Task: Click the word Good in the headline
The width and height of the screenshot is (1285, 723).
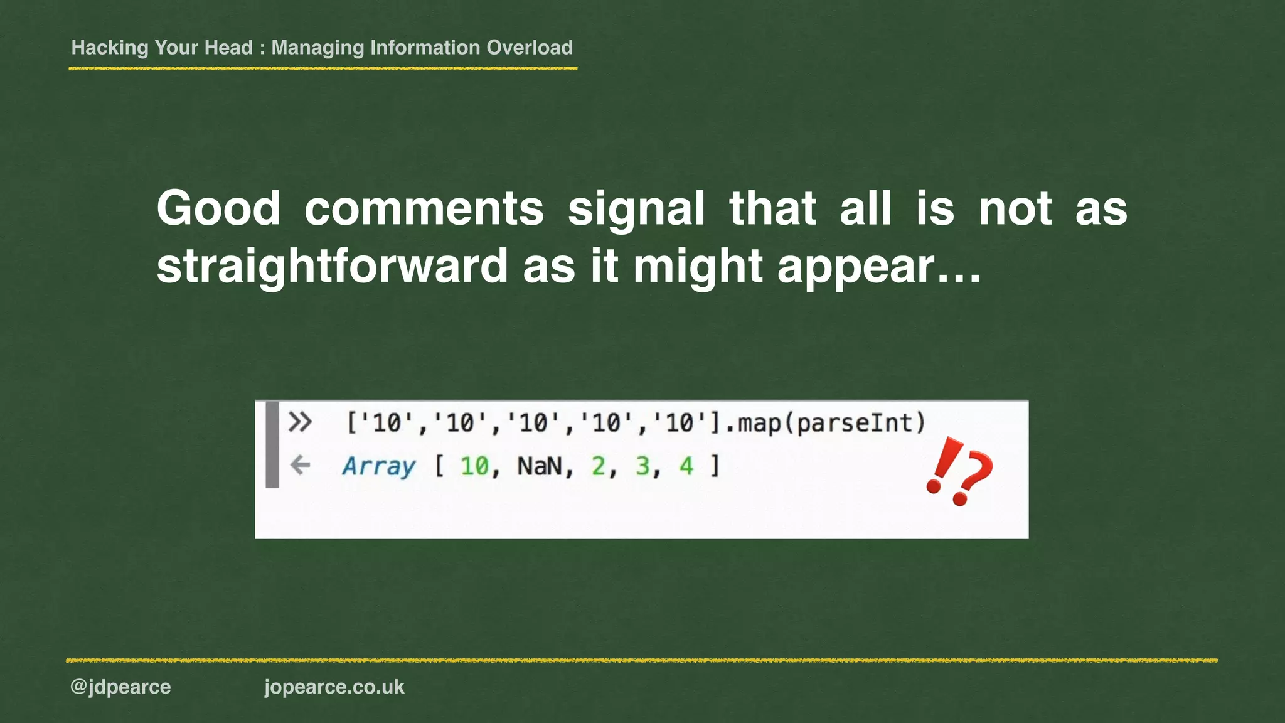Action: click(x=218, y=209)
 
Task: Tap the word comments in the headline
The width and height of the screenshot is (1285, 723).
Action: click(x=424, y=209)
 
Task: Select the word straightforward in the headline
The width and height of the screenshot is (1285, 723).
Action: click(x=332, y=266)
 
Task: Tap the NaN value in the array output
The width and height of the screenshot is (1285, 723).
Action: click(x=539, y=466)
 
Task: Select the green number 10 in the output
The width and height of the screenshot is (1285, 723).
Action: click(x=474, y=466)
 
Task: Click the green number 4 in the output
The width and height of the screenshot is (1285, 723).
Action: click(x=686, y=466)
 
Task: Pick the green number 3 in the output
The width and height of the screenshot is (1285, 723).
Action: click(x=642, y=466)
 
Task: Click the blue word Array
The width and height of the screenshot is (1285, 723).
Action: click(x=378, y=466)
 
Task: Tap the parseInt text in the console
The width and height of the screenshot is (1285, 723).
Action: click(x=860, y=423)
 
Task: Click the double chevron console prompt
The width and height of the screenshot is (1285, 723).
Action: click(x=300, y=422)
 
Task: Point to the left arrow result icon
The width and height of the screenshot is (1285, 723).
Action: click(x=301, y=465)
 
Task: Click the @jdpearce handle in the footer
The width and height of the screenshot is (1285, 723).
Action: click(x=120, y=687)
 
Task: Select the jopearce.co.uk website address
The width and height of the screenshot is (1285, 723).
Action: click(x=334, y=687)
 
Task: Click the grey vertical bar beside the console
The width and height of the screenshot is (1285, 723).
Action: click(x=272, y=444)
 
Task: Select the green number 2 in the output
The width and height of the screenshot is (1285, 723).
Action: click(x=599, y=466)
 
